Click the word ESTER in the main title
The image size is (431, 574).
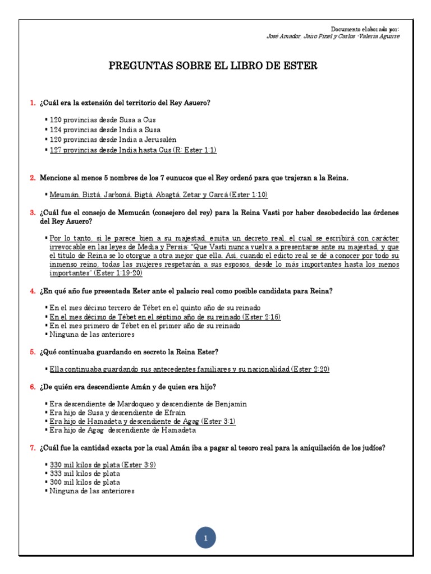pyautogui.click(x=302, y=66)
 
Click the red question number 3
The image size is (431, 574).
pyautogui.click(x=32, y=212)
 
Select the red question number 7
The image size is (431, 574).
pyautogui.click(x=32, y=447)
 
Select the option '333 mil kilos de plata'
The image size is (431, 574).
pyautogui.click(x=85, y=474)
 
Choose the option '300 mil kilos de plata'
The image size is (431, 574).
pyautogui.click(x=85, y=482)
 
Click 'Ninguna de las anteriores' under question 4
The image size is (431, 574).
pyautogui.click(x=92, y=334)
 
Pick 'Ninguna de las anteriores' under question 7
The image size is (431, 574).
pyautogui.click(x=92, y=491)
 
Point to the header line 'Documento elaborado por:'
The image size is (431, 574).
pyautogui.click(x=365, y=29)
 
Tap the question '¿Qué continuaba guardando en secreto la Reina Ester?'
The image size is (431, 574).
pyautogui.click(x=129, y=351)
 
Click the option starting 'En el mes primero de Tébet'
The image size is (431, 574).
pyautogui.click(x=145, y=325)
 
